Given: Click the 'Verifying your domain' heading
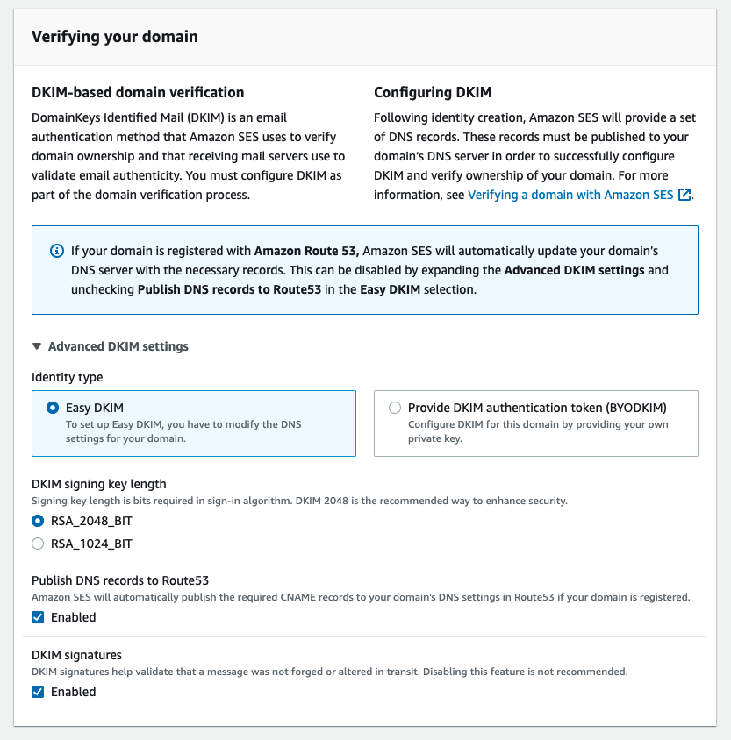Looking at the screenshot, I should point(115,37).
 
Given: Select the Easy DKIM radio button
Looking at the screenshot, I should point(53,408).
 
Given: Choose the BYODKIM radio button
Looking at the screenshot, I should point(395,408).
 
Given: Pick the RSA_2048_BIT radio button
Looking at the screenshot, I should point(38,521).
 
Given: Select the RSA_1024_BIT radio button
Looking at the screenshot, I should point(38,544).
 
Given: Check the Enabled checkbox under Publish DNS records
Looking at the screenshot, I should point(38,617).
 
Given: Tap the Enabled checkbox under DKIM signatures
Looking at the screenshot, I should point(38,692).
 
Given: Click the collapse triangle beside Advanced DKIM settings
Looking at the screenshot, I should point(37,346).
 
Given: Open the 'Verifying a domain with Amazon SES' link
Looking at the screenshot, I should point(570,195).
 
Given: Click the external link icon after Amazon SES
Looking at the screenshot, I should point(684,195).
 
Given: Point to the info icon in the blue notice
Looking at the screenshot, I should point(55,251).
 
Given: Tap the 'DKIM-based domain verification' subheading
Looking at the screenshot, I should point(138,92).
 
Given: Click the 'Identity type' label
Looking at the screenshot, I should point(67,377).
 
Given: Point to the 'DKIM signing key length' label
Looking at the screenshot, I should point(99,484).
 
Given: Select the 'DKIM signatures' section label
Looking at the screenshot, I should point(76,655).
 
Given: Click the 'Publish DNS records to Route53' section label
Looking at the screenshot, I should point(120,580).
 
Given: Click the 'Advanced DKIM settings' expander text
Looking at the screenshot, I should point(118,346).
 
